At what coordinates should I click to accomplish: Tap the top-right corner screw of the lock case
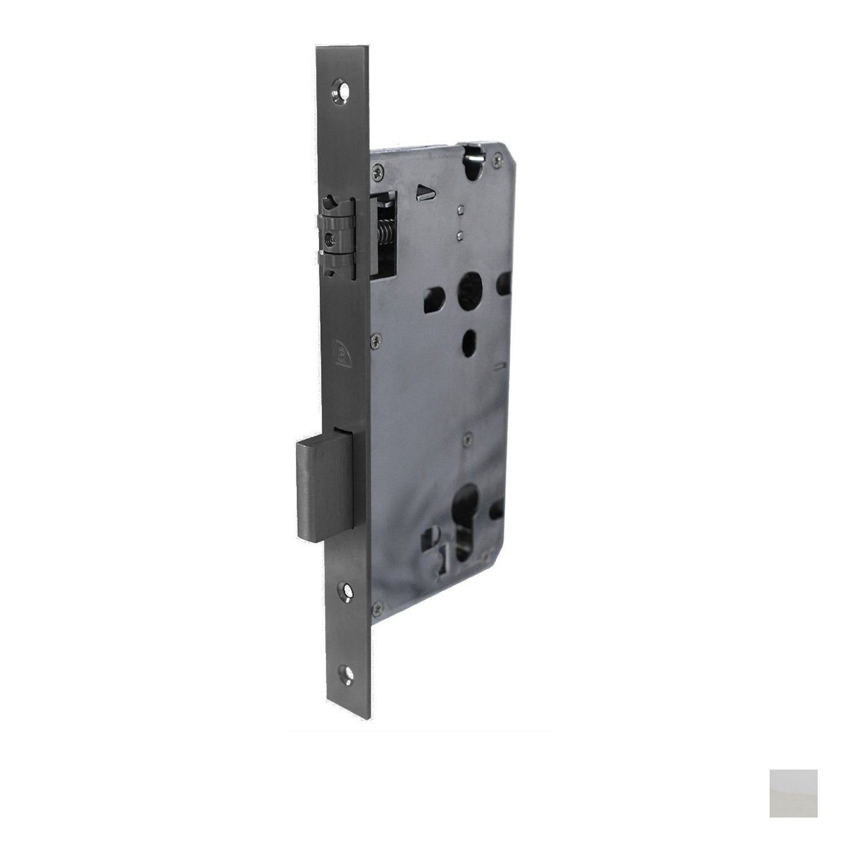coord(496,161)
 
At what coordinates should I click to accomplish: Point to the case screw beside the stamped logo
coord(375,340)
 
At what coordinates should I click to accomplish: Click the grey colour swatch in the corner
coord(793,793)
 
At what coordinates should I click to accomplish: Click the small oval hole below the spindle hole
coord(468,339)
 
